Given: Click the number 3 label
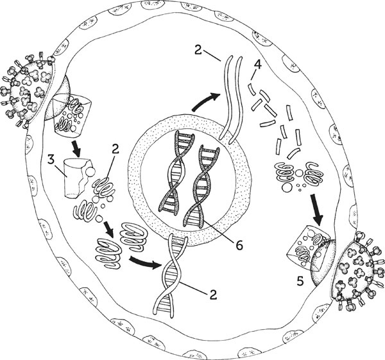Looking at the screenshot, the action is coord(51,160).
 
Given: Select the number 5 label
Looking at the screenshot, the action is coord(300,281).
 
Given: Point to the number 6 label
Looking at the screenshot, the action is coord(239,245).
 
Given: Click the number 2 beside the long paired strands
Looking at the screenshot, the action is coord(198,49).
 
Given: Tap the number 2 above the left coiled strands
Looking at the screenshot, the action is coord(115,149).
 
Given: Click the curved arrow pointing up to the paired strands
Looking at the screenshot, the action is coord(206,101).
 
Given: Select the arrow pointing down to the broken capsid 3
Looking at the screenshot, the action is coord(76,149).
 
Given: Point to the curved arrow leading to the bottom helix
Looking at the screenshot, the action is coord(145,262).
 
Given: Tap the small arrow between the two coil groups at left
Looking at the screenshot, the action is coord(108,229).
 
